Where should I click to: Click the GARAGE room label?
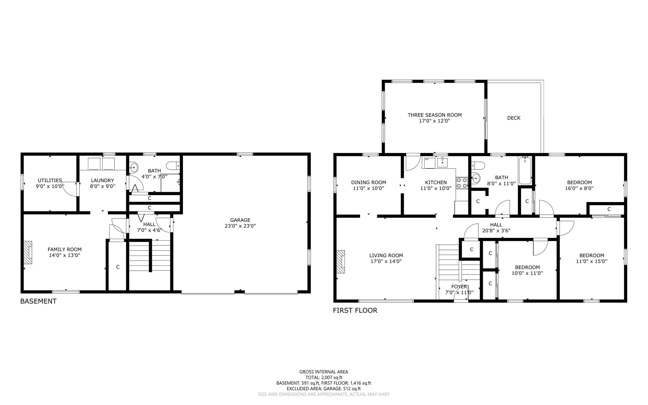pyautogui.click(x=240, y=220)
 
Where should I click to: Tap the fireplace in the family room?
pyautogui.click(x=28, y=252)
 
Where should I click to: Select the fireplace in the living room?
pyautogui.click(x=341, y=262)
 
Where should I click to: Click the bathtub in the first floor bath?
pyautogui.click(x=525, y=171)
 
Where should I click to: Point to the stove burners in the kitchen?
pyautogui.click(x=462, y=183)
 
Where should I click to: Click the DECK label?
pyautogui.click(x=514, y=118)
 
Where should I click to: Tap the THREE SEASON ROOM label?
pyautogui.click(x=434, y=115)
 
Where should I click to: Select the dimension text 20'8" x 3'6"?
pyautogui.click(x=496, y=231)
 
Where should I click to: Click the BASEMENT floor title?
pyautogui.click(x=38, y=301)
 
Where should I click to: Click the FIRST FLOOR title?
pyautogui.click(x=355, y=310)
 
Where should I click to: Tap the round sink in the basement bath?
pyautogui.click(x=134, y=167)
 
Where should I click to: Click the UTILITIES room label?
pyautogui.click(x=50, y=180)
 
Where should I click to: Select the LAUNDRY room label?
pyautogui.click(x=102, y=180)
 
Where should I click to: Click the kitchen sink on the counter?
pyautogui.click(x=442, y=163)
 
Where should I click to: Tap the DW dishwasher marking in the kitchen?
pyautogui.click(x=427, y=159)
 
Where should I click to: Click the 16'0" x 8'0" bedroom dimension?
pyautogui.click(x=579, y=188)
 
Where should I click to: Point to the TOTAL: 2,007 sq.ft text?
pyautogui.click(x=324, y=377)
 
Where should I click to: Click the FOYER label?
pyautogui.click(x=459, y=287)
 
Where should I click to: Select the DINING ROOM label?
pyautogui.click(x=368, y=182)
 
